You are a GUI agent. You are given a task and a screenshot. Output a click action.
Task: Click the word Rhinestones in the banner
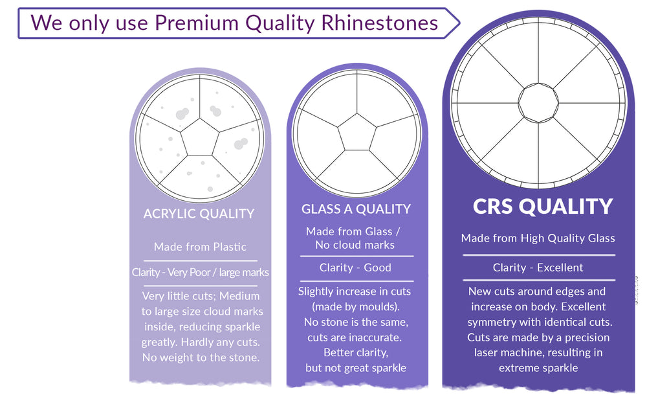point(379,23)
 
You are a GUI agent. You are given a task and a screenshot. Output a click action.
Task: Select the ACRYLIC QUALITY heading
point(199,214)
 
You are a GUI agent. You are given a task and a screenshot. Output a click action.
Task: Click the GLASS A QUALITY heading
point(356,209)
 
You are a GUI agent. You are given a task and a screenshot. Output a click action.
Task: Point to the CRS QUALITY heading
point(543,207)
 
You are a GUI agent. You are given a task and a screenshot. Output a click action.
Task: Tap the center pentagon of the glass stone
point(357,133)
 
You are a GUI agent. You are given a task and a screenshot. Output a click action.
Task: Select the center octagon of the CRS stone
point(538,103)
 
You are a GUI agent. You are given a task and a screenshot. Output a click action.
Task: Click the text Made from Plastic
point(200,247)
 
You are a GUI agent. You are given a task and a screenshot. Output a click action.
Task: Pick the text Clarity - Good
point(355,268)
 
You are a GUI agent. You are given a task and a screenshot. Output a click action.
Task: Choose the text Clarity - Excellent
point(538,268)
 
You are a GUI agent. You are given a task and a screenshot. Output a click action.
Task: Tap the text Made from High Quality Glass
point(538,238)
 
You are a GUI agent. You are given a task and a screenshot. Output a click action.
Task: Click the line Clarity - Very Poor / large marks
point(200,273)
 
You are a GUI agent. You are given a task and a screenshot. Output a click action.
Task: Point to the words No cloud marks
point(355,245)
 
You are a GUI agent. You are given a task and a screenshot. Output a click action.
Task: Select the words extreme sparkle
point(538,368)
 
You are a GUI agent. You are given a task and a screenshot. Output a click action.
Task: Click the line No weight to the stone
point(201,357)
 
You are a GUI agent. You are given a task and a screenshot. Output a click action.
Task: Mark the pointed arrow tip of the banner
point(459,23)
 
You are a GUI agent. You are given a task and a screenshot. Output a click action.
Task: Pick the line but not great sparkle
point(356,368)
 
